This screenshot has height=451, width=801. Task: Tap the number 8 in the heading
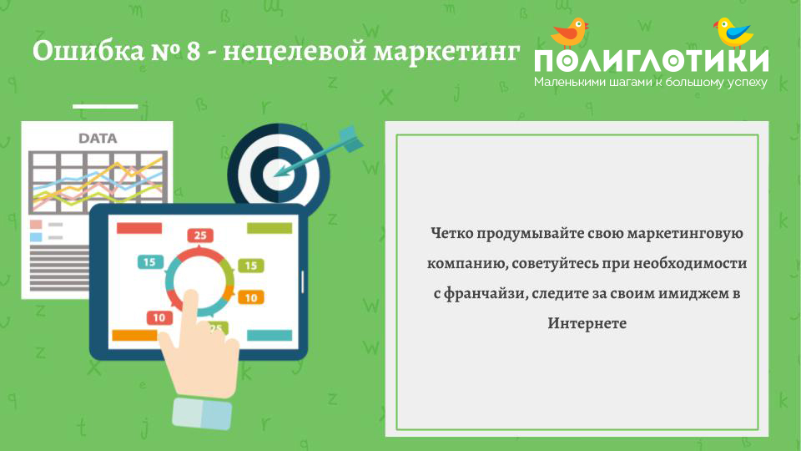pyautogui.click(x=193, y=52)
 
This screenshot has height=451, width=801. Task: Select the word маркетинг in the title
pyautogui.click(x=446, y=52)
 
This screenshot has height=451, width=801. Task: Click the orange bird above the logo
pyautogui.click(x=569, y=33)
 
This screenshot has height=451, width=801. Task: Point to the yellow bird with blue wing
pyautogui.click(x=733, y=33)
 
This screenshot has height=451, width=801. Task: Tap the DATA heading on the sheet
pyautogui.click(x=98, y=139)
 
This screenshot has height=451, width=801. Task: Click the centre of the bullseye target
pyautogui.click(x=279, y=174)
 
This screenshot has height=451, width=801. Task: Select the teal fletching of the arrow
pyautogui.click(x=351, y=138)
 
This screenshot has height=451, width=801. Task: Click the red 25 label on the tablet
pyautogui.click(x=200, y=236)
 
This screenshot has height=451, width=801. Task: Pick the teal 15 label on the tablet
pyautogui.click(x=150, y=261)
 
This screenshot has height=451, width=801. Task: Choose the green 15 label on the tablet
pyautogui.click(x=251, y=266)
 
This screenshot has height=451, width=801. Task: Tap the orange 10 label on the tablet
pyautogui.click(x=251, y=297)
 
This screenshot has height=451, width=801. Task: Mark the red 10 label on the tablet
pyautogui.click(x=159, y=317)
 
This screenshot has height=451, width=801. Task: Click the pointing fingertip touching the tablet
pyautogui.click(x=190, y=296)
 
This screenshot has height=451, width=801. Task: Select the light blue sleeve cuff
pyautogui.click(x=202, y=413)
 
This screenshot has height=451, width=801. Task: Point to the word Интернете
pyautogui.click(x=587, y=323)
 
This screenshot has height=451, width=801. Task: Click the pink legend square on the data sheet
pyautogui.click(x=36, y=225)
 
